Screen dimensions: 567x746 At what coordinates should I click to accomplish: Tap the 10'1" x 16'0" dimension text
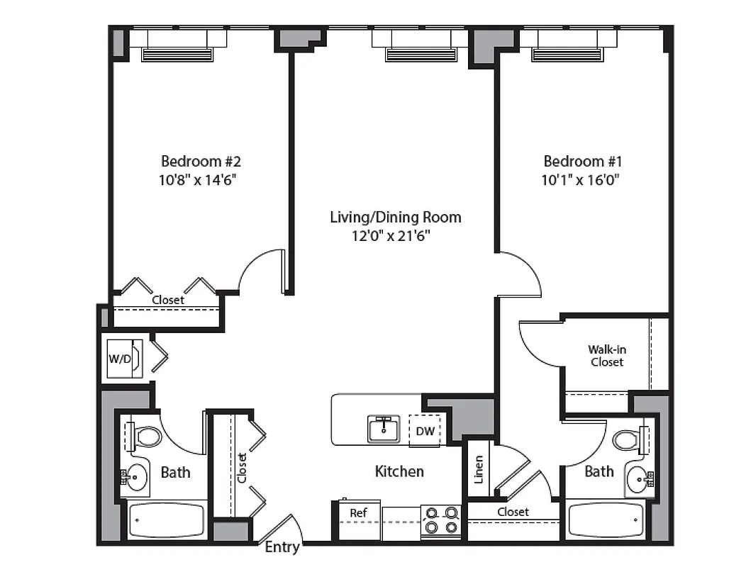(581, 179)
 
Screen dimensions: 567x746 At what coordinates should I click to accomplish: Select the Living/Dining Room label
(395, 217)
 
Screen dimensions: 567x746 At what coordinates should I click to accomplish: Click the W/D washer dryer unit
(120, 358)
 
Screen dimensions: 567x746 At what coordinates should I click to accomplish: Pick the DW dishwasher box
(425, 431)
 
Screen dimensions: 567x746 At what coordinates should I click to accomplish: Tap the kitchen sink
(384, 429)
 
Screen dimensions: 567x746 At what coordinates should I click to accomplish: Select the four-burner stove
(440, 520)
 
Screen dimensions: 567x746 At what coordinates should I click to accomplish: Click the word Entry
(282, 547)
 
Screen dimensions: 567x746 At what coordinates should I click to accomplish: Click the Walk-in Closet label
(606, 355)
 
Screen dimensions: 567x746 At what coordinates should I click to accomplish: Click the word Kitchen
(399, 471)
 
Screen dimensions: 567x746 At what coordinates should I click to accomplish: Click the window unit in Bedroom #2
(177, 54)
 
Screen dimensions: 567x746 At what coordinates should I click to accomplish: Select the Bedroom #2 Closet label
(168, 300)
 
